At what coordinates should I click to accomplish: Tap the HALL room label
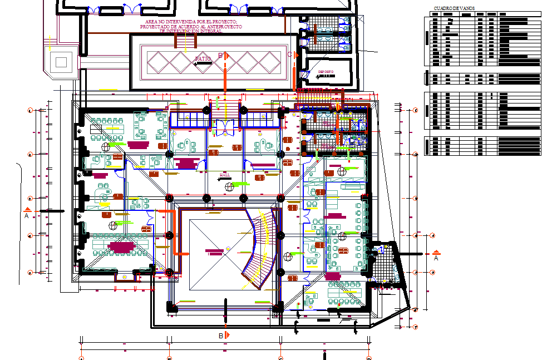[225, 175]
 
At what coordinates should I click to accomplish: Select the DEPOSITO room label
[326, 72]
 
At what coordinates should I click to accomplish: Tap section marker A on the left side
[27, 213]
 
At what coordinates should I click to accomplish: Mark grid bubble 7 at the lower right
[415, 327]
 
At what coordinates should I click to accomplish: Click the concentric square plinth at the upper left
[61, 61]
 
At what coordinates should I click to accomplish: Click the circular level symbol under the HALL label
[229, 187]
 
